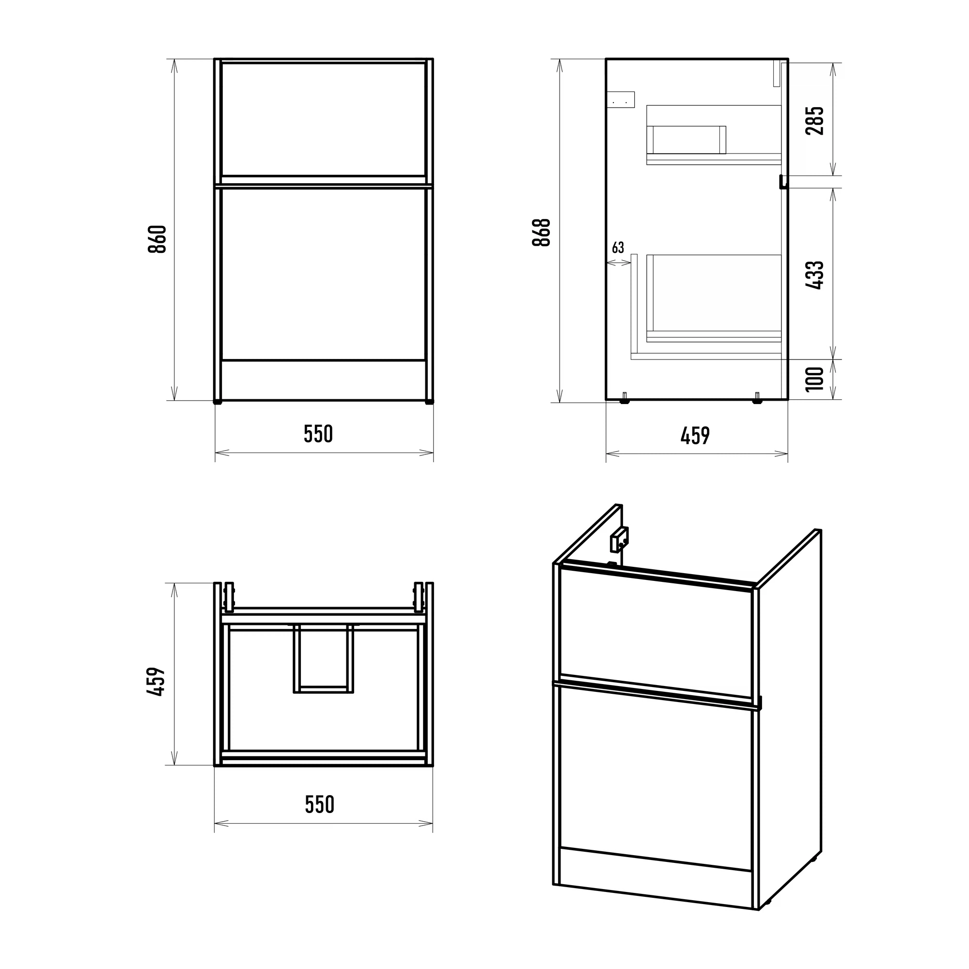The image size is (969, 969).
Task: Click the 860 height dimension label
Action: tap(157, 239)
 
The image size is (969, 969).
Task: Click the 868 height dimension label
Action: tap(542, 232)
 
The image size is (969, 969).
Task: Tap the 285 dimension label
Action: tap(814, 120)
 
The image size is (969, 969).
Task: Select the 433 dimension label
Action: tap(814, 275)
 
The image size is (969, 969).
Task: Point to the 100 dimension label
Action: tap(814, 379)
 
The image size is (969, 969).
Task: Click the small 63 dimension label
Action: tap(618, 247)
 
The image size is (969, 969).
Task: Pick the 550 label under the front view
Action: tap(318, 434)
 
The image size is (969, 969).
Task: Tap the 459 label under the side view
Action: tap(695, 436)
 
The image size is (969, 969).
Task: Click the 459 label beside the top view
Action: tap(156, 681)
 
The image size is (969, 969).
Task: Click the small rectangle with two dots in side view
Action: tap(621, 100)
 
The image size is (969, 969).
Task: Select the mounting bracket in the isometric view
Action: tap(619, 539)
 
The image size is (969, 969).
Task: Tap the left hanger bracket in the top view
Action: tap(229, 597)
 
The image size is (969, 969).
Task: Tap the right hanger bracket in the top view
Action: tap(418, 597)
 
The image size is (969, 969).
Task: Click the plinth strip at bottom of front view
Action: tap(324, 380)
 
